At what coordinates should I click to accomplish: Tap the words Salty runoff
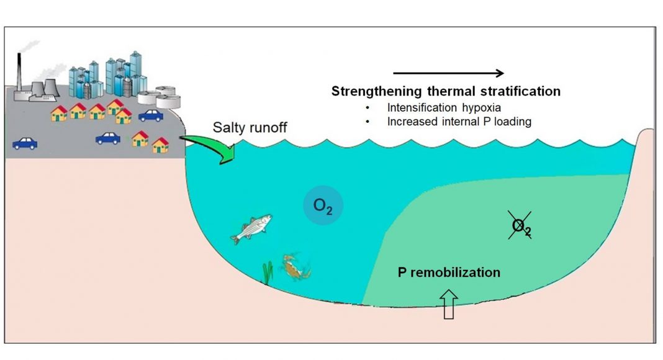point(250,127)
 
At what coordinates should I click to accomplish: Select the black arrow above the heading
point(449,73)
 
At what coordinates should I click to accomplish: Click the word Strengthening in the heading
point(377,91)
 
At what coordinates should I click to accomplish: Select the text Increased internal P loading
point(459,122)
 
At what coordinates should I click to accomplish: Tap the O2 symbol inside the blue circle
point(323,206)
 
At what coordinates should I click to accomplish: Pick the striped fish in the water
point(251,228)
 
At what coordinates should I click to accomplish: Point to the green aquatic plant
point(268,272)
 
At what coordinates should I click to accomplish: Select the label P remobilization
point(449,272)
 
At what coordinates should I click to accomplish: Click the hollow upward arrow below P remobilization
point(449,304)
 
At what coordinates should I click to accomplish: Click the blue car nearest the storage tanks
point(151,115)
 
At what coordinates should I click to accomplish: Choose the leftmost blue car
point(25,143)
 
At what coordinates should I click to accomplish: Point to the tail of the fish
point(235,239)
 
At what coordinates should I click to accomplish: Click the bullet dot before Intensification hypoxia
point(368,108)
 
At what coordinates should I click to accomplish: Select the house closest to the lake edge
point(161,145)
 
